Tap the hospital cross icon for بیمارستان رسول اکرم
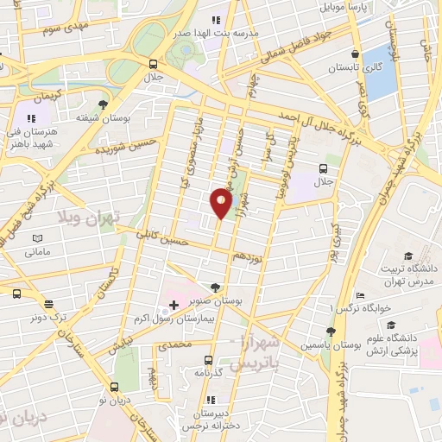point(174,305)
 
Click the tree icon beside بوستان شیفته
point(104,104)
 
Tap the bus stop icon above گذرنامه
point(208,359)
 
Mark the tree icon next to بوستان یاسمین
point(331,331)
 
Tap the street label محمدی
point(174,344)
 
